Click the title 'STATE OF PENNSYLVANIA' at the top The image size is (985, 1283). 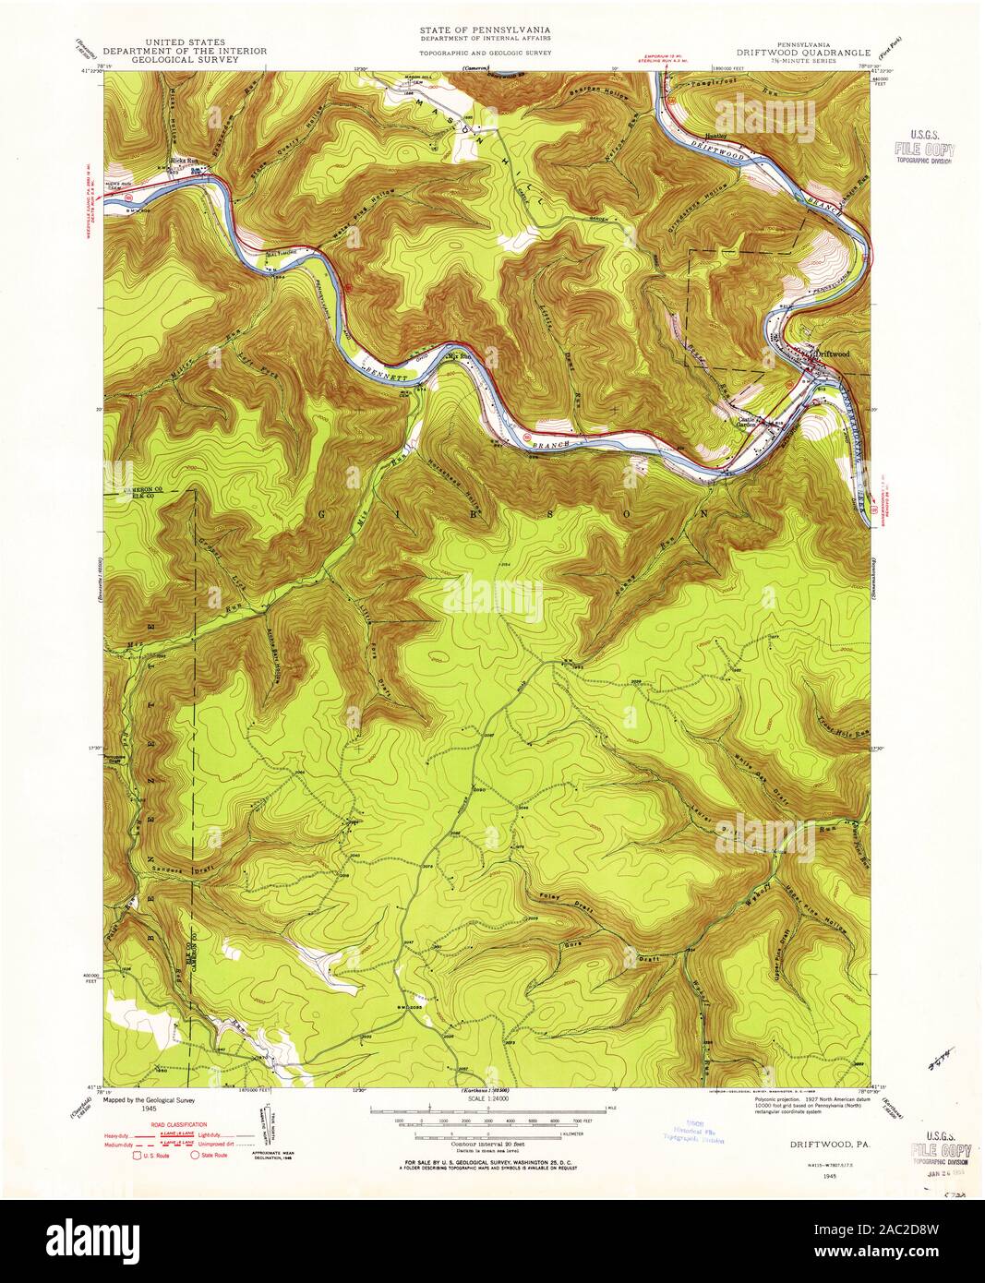[486, 30]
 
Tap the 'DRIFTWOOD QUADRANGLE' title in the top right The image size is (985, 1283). [801, 53]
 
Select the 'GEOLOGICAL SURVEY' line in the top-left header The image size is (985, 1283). [185, 60]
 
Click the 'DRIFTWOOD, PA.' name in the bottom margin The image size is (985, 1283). [827, 1142]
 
